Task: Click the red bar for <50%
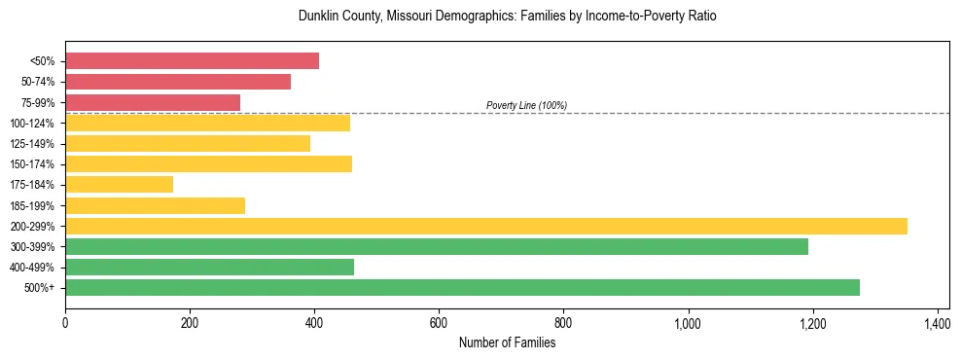pyautogui.click(x=192, y=61)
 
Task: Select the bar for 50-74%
pyautogui.click(x=178, y=82)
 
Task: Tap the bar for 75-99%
pyautogui.click(x=153, y=102)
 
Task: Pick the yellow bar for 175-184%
pyautogui.click(x=119, y=184)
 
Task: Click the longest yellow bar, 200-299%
pyautogui.click(x=486, y=226)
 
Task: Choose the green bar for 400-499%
pyautogui.click(x=209, y=267)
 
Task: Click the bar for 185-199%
pyautogui.click(x=155, y=205)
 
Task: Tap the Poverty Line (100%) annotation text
pyautogui.click(x=526, y=105)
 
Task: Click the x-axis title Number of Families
pyautogui.click(x=507, y=342)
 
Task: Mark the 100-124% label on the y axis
pyautogui.click(x=33, y=124)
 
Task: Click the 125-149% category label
pyautogui.click(x=33, y=144)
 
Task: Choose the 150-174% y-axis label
pyautogui.click(x=33, y=164)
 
